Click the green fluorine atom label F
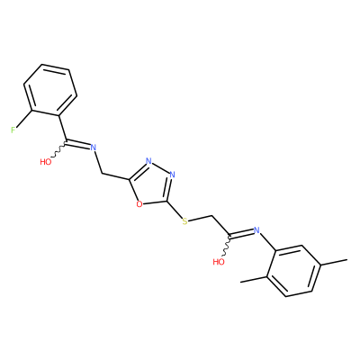pyautogui.click(x=13, y=130)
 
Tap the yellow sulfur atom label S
pyautogui.click(x=185, y=221)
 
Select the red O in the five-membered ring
pyautogui.click(x=139, y=204)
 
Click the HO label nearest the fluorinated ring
pyautogui.click(x=46, y=162)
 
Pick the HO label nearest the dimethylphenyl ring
pyautogui.click(x=219, y=262)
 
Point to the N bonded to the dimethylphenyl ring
pyautogui.click(x=256, y=230)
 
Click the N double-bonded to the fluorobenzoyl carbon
pyautogui.click(x=94, y=147)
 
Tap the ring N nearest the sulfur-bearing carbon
pyautogui.click(x=172, y=175)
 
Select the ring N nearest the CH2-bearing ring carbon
pyautogui.click(x=148, y=161)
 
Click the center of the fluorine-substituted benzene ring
pyautogui.click(x=50, y=90)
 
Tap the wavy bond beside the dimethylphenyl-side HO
pyautogui.click(x=226, y=245)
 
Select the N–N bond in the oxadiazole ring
pyautogui.click(x=160, y=167)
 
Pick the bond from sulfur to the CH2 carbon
pyautogui.click(x=201, y=219)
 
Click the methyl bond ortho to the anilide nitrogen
pyautogui.click(x=254, y=279)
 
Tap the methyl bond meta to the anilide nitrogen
pyautogui.click(x=335, y=262)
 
